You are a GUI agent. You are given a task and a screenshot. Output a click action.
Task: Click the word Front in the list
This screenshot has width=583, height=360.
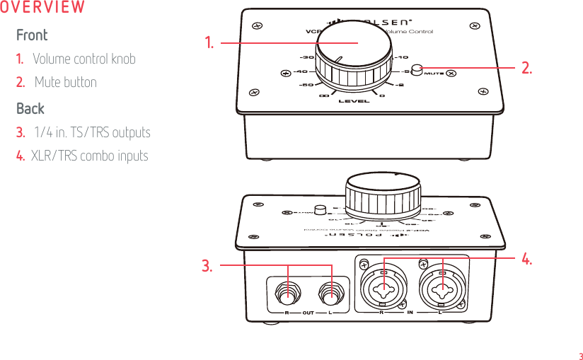click(x=32, y=35)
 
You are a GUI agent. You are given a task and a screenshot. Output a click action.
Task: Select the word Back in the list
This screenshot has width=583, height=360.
click(x=30, y=108)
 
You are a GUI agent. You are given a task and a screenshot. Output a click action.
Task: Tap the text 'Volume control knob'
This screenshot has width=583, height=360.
click(x=83, y=59)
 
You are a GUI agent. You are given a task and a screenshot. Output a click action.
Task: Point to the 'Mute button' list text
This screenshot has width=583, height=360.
click(x=65, y=82)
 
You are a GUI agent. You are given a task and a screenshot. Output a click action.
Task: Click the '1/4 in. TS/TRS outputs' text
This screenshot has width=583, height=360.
click(x=92, y=132)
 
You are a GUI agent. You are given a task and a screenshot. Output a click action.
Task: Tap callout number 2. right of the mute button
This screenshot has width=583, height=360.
click(x=526, y=68)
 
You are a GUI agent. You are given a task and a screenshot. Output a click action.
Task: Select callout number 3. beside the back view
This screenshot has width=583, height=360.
click(x=207, y=266)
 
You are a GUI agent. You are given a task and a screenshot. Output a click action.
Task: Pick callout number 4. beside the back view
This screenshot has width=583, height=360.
click(x=526, y=260)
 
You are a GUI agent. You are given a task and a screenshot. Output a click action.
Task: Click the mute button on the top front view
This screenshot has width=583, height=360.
click(x=417, y=69)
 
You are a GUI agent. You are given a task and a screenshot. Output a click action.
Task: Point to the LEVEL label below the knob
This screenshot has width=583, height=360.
click(x=354, y=101)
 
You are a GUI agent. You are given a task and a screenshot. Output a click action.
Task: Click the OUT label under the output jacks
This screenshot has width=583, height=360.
click(x=308, y=312)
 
